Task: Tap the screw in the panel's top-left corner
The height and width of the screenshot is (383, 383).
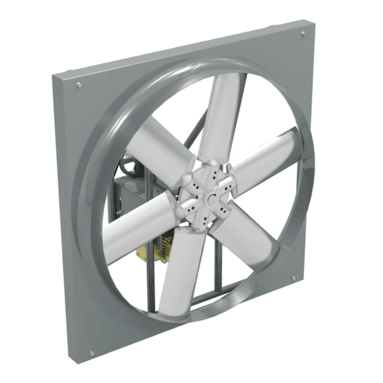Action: (79, 85)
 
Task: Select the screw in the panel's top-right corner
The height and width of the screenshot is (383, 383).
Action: (302, 34)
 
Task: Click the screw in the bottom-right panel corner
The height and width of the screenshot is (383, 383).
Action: (293, 278)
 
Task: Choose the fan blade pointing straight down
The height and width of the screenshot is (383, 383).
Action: (183, 269)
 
